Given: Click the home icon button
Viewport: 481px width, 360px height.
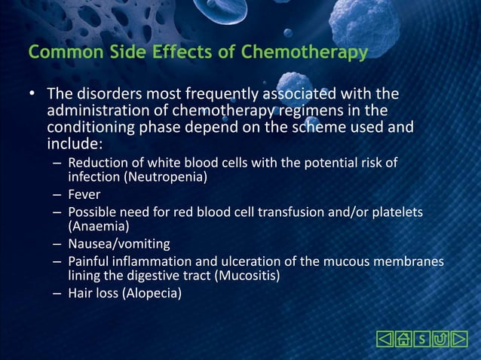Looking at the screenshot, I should click(403, 339).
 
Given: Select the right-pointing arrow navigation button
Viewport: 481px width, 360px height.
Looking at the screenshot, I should click(459, 339).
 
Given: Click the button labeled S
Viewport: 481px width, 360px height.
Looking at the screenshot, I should click(421, 339).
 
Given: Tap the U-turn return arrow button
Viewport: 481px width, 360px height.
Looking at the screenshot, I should click(440, 339).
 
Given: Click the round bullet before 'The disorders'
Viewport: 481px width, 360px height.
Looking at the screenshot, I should click(32, 95).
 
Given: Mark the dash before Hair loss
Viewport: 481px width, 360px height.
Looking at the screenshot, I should click(57, 293).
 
